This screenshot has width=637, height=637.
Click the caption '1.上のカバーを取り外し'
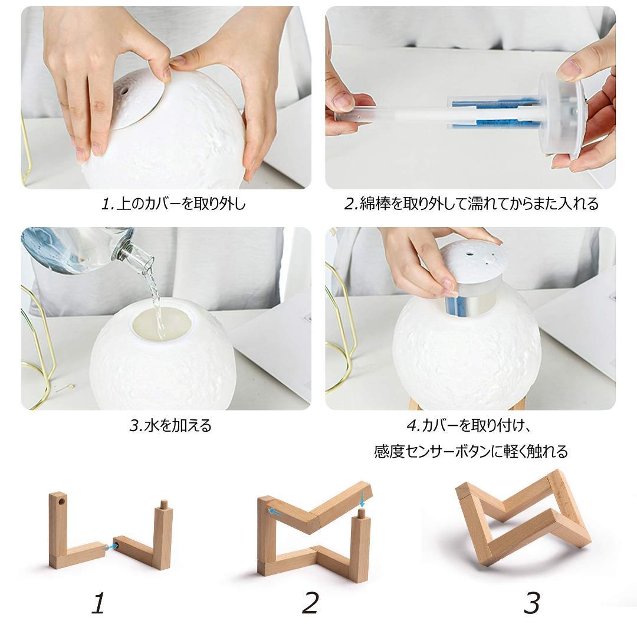click(x=174, y=203)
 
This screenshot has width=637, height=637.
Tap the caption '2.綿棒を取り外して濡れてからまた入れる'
click(x=471, y=203)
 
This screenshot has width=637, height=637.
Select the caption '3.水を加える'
click(x=170, y=425)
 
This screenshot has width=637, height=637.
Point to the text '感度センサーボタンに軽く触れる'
click(x=471, y=451)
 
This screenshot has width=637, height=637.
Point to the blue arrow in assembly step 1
click(x=110, y=547)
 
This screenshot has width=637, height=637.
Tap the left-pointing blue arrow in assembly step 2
click(x=275, y=511)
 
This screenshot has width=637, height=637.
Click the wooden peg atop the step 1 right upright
click(x=164, y=505)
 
